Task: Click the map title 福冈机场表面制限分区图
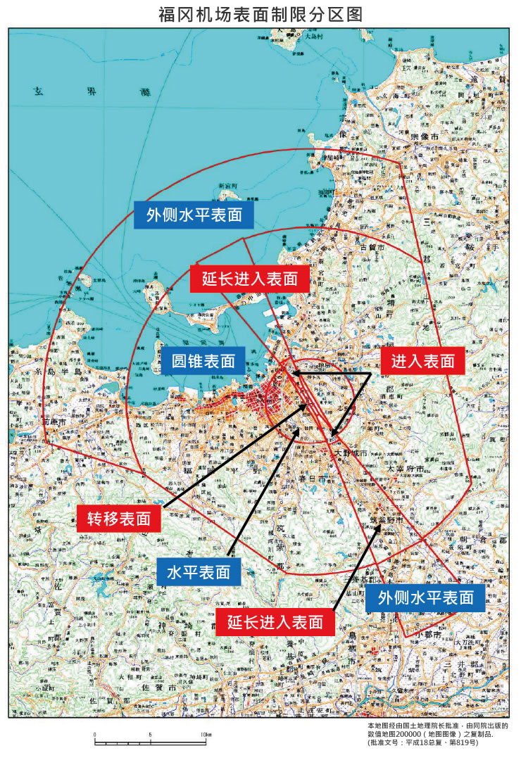260,15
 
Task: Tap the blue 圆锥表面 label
203,362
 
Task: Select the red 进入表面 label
423,362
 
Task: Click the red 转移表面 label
118,519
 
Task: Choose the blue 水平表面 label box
199,572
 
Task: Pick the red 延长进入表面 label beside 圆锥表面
249,279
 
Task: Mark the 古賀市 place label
371,248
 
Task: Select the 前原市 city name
55,421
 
